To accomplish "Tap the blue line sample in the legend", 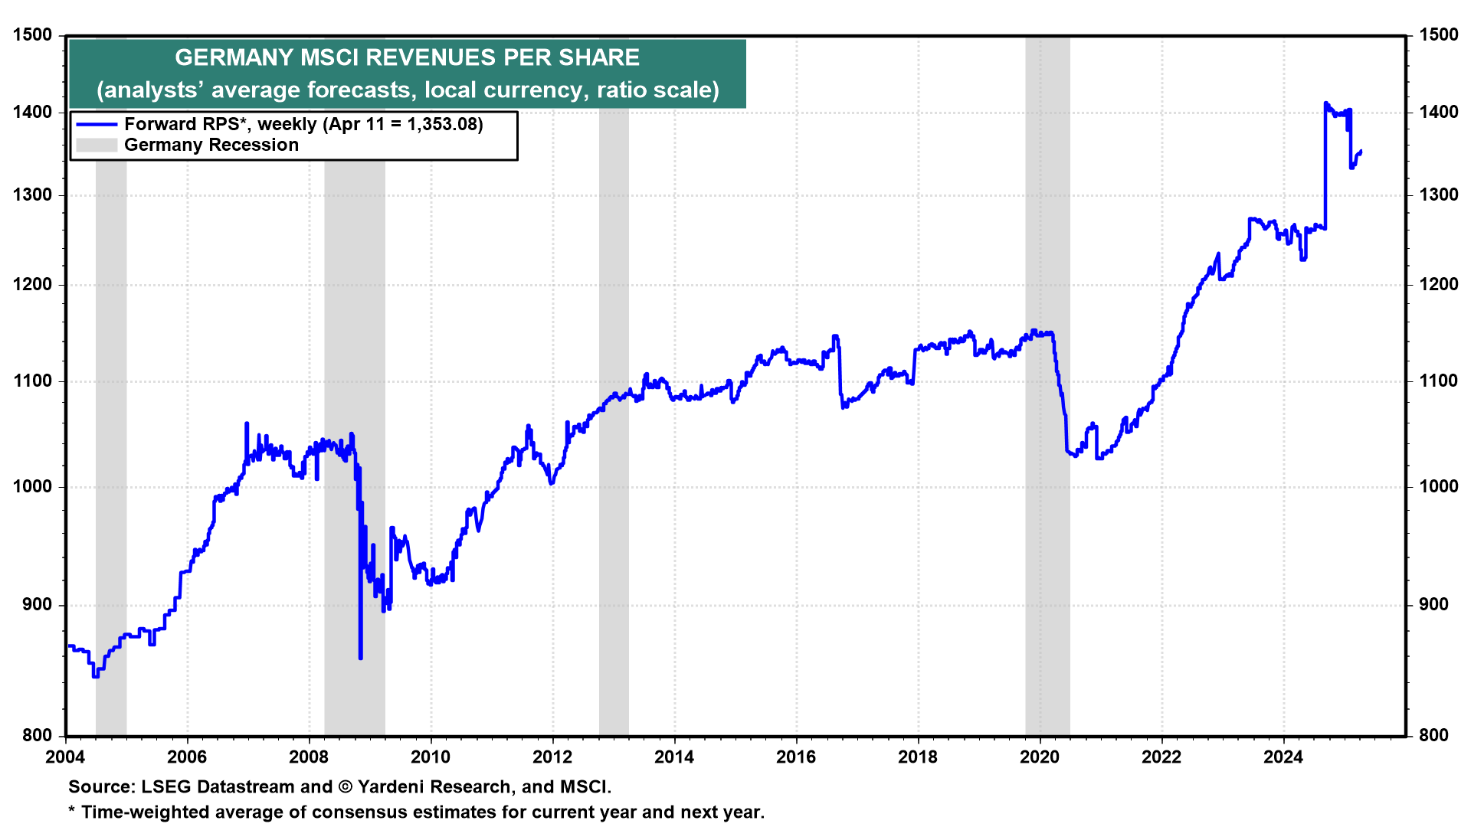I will click(97, 124).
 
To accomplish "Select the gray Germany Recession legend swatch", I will click(97, 145).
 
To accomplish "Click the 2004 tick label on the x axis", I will click(66, 757).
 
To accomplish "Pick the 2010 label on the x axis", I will click(431, 757).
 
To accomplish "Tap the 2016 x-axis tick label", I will click(796, 757).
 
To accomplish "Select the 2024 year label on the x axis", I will click(1283, 757).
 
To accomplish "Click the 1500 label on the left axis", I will click(33, 35).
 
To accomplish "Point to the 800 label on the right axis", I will click(1434, 736).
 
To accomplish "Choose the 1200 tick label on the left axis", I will click(33, 285).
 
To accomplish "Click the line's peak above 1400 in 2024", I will click(1325, 103).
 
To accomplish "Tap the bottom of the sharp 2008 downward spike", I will click(360, 657).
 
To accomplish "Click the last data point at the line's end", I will click(1360, 152).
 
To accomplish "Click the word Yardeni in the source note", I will click(393, 787).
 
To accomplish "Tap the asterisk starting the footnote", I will click(72, 811).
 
